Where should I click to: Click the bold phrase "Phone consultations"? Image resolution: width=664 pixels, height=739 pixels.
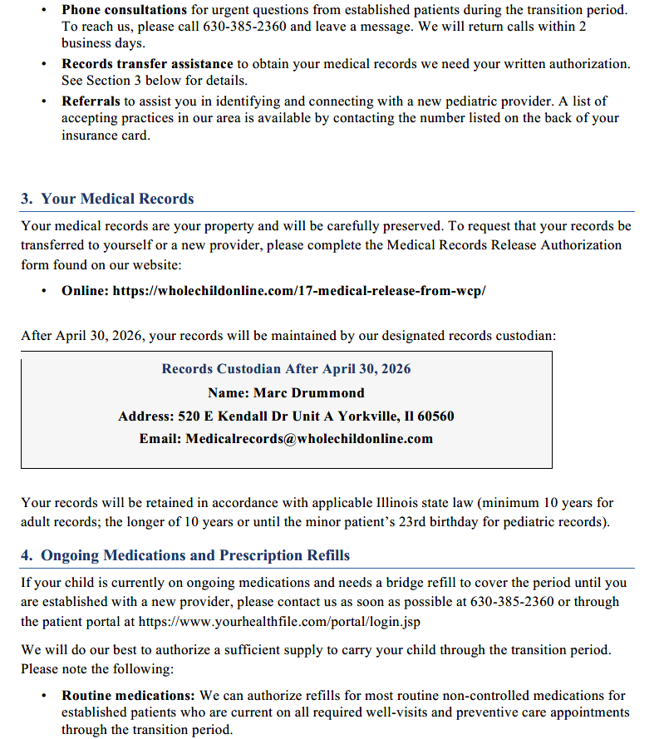point(124,10)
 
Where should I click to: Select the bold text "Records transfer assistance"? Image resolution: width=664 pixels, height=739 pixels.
point(147,64)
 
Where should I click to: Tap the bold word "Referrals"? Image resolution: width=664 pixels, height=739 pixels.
point(91,101)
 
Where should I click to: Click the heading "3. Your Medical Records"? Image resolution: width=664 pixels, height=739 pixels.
point(107,199)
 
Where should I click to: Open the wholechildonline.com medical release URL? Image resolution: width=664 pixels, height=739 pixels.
point(298,291)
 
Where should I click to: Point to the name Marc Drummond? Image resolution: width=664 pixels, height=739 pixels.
point(308,392)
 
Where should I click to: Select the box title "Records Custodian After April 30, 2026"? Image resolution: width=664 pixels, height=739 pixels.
point(286,369)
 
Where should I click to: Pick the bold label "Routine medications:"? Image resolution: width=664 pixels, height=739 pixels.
point(128,695)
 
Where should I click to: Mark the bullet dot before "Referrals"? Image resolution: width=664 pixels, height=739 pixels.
point(43,101)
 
